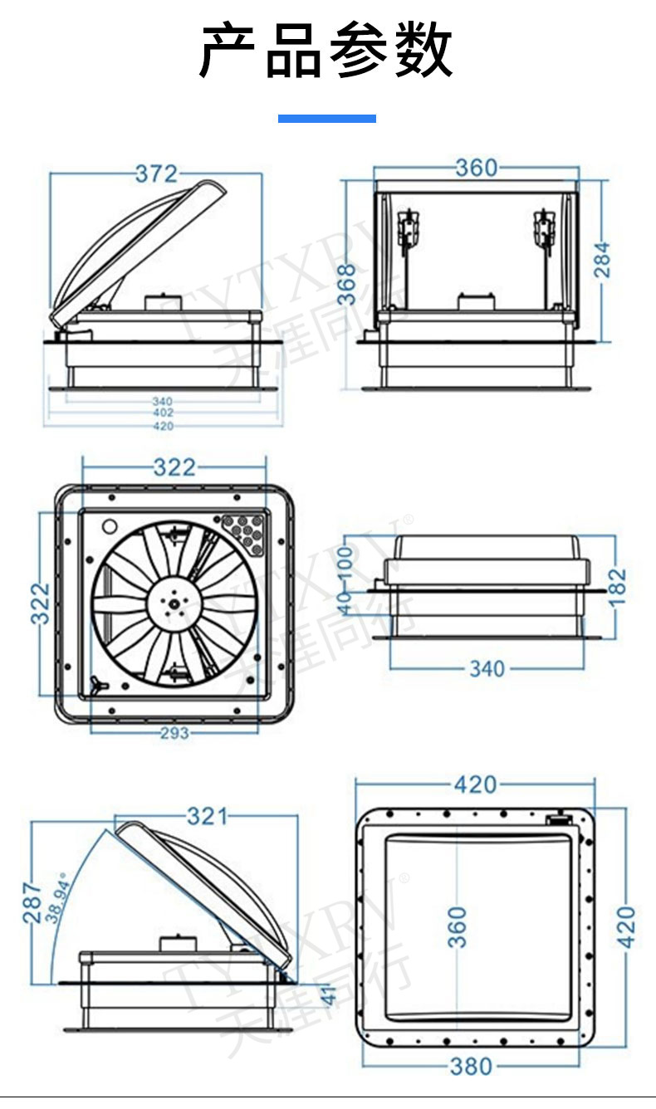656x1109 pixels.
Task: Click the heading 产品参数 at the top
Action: tap(327, 51)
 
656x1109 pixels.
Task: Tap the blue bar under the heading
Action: tap(327, 119)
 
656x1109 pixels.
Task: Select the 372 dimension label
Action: tap(156, 173)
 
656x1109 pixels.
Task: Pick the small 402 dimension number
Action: tap(163, 413)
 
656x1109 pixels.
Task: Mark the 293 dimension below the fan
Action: tap(174, 733)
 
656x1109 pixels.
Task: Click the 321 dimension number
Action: tap(206, 817)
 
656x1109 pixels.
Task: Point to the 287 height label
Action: tap(32, 902)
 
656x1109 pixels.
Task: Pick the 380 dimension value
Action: tap(471, 1067)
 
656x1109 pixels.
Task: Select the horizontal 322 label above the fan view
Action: tap(174, 467)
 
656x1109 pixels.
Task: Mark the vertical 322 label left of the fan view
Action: tap(41, 603)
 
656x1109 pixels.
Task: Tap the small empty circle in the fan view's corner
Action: tap(109, 525)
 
